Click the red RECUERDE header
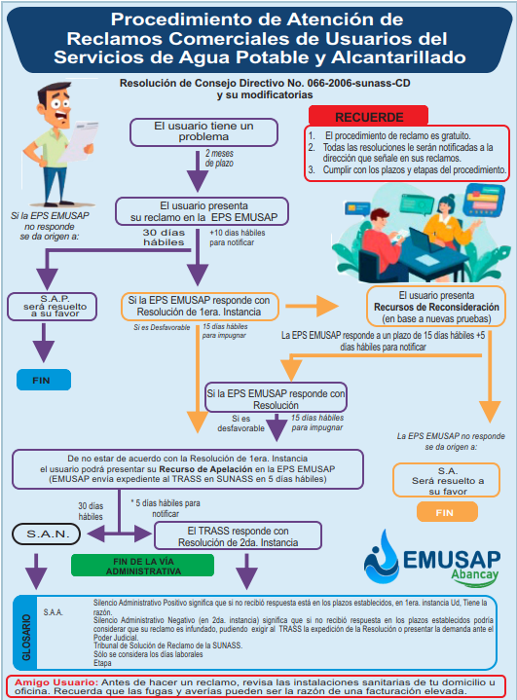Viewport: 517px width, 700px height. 368,116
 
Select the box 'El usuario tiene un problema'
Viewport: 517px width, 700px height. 203,132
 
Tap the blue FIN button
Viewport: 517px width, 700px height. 44,380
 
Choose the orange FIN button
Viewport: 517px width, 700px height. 447,512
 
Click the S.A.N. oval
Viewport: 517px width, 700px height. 47,534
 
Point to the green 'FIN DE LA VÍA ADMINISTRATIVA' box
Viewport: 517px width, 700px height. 143,566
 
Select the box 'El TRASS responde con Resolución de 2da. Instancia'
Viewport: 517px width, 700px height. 238,536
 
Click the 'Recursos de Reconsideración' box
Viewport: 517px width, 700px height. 436,307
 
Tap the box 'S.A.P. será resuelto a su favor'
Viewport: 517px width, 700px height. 52,307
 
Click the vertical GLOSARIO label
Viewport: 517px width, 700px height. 27,637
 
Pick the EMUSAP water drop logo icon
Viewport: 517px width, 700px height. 382,557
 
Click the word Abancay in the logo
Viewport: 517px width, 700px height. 474,575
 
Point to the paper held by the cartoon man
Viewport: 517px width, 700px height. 80,140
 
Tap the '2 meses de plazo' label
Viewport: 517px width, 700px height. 219,158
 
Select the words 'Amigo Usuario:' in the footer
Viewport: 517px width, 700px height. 56,682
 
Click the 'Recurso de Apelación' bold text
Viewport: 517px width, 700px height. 205,469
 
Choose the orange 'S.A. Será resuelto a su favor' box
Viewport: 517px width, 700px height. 447,480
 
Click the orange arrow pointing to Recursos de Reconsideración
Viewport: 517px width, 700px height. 313,306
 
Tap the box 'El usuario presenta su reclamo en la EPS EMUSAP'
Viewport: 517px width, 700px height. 202,211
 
